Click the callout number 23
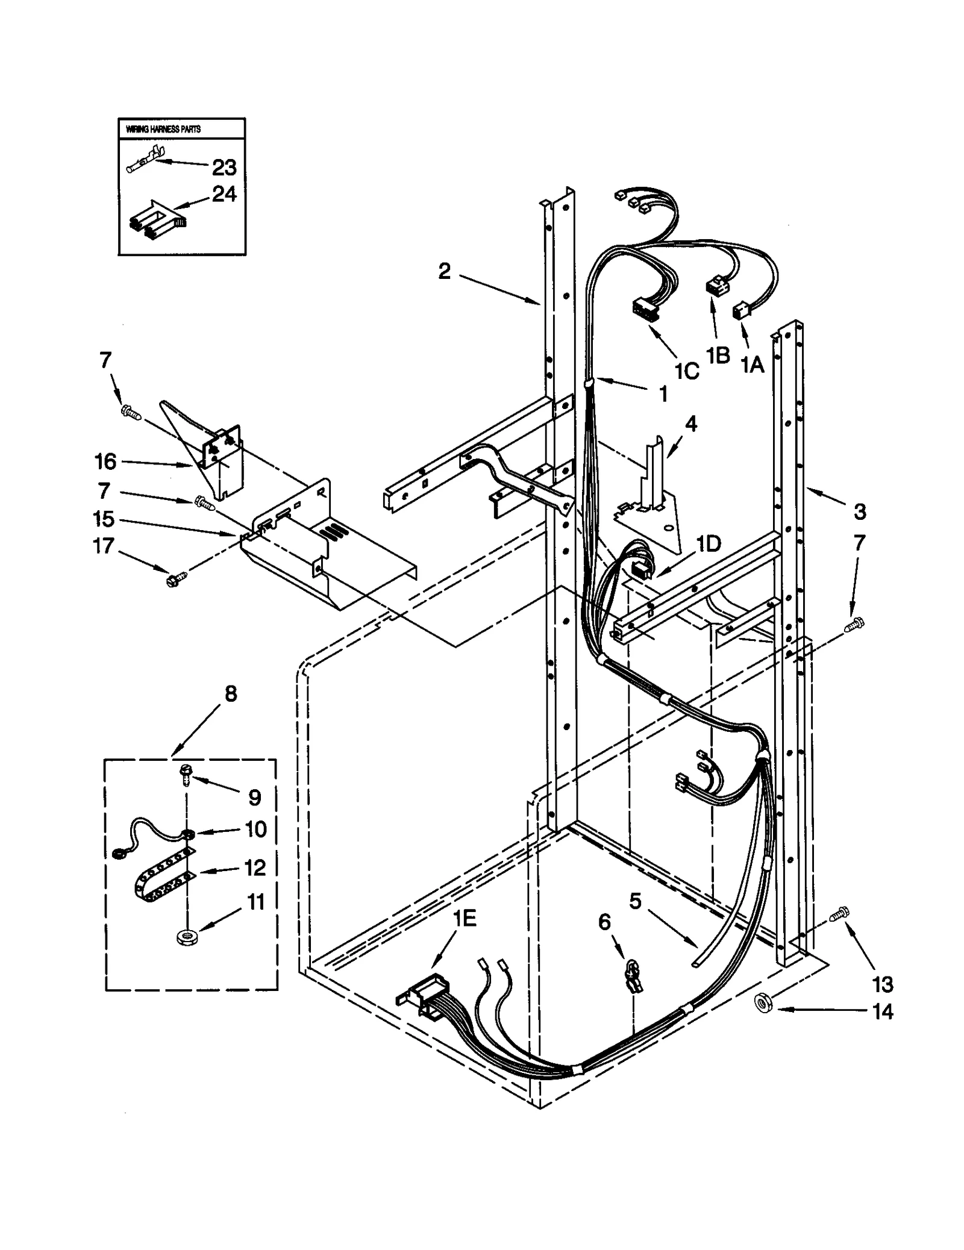coord(224,167)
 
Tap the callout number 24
coord(224,194)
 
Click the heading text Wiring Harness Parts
coord(163,129)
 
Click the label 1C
coord(686,372)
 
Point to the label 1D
coord(709,543)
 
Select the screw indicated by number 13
coord(839,931)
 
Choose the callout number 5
coord(636,902)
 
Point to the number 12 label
coord(255,867)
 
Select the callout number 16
coord(105,461)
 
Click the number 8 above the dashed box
coord(231,694)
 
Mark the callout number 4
coord(690,425)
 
